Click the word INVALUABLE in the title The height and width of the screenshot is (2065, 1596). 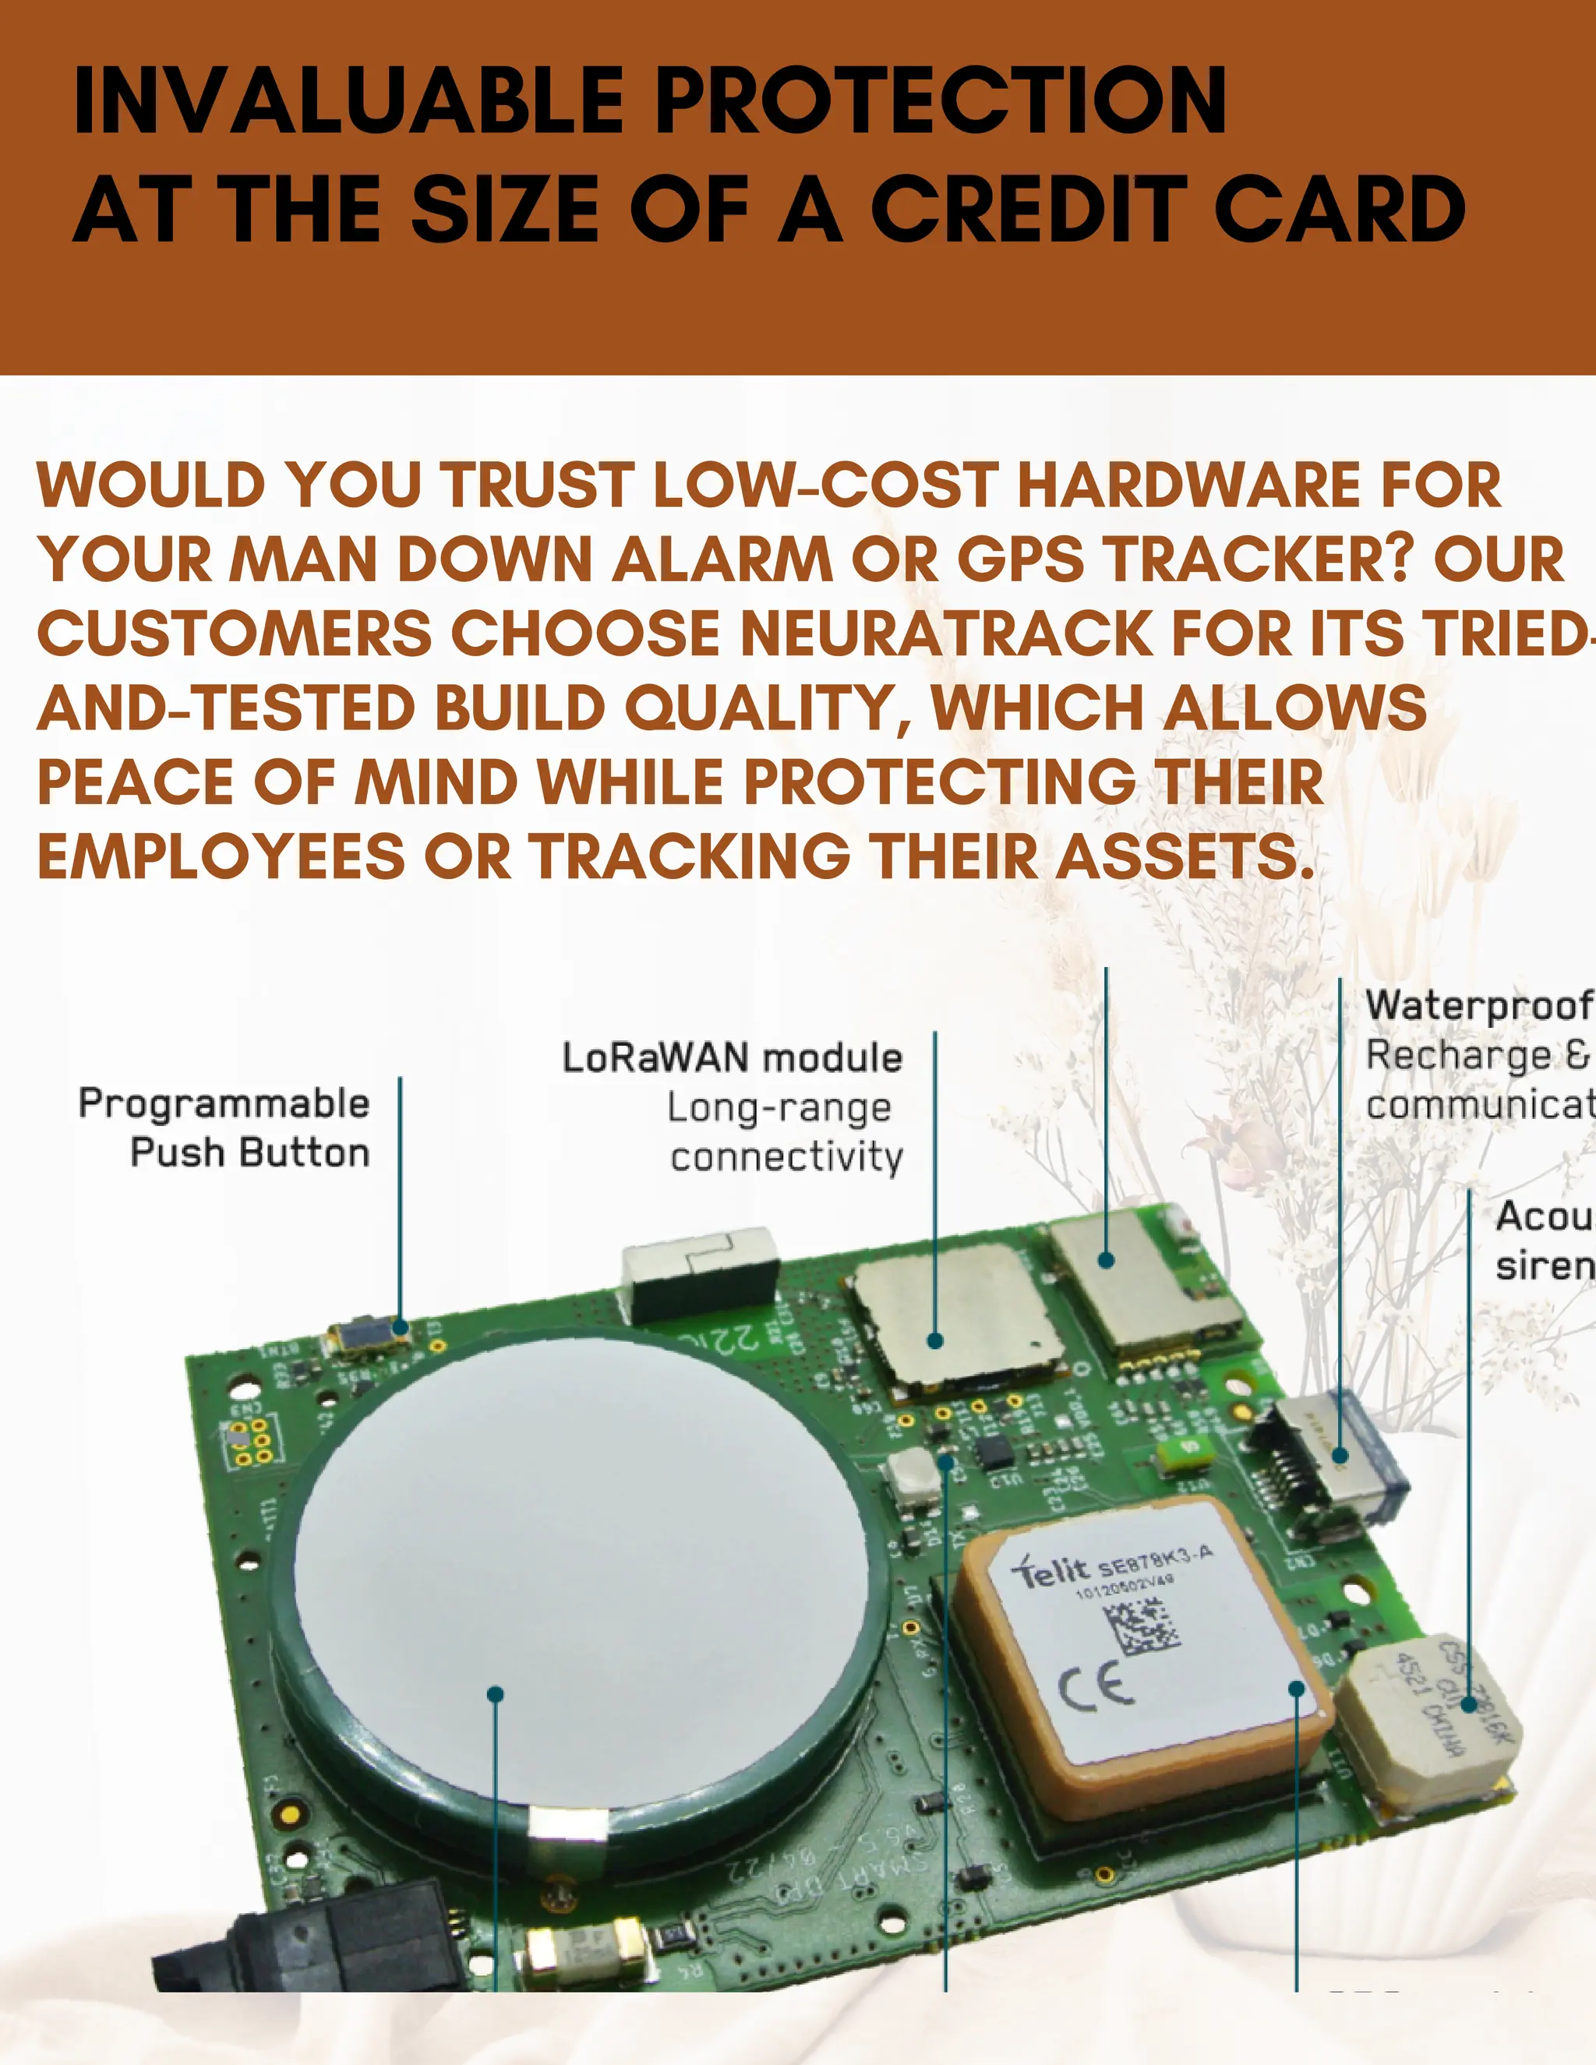pyautogui.click(x=348, y=101)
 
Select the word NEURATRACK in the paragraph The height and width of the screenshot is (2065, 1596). pyautogui.click(x=945, y=634)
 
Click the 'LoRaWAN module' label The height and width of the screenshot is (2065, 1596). pyautogui.click(x=732, y=1058)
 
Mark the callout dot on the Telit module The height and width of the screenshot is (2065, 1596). pyautogui.click(x=1296, y=1689)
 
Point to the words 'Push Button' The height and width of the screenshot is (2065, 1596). pyautogui.click(x=249, y=1153)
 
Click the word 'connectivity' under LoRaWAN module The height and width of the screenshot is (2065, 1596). pyautogui.click(x=786, y=1157)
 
